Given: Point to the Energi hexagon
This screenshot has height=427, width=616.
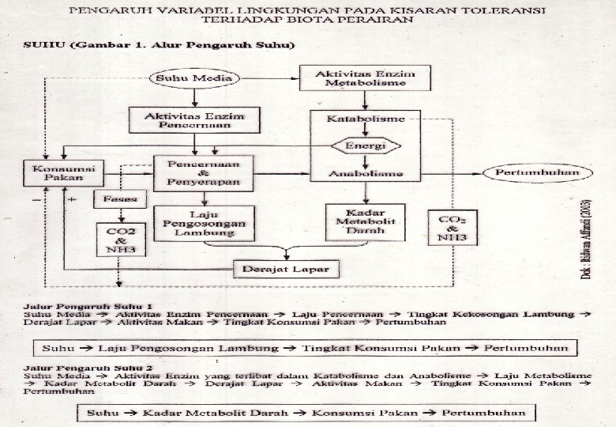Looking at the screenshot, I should [x=363, y=146].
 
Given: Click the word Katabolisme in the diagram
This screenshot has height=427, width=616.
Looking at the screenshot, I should [x=365, y=119].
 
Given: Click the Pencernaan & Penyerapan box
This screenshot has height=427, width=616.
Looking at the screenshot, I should [x=203, y=173].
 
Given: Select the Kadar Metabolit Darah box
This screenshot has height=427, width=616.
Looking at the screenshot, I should [x=364, y=223].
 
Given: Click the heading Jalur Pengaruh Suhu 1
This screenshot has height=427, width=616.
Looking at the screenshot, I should [x=88, y=305].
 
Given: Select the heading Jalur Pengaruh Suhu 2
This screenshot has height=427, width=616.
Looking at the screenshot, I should [x=88, y=368].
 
